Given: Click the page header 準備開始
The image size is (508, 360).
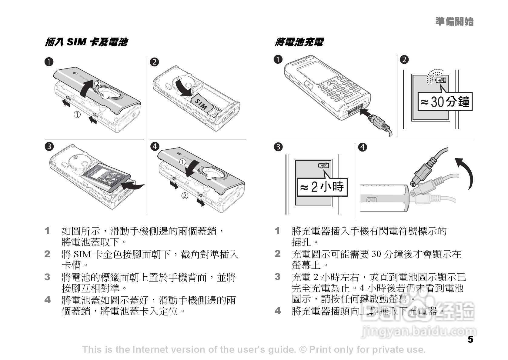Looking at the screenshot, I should tap(454, 22).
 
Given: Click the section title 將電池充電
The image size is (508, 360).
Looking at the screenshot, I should tap(299, 42).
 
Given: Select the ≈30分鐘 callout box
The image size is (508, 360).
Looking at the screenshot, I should tap(445, 102).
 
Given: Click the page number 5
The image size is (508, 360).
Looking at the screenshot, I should tap(470, 339).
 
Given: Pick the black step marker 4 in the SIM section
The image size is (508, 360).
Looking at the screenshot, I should tap(155, 146).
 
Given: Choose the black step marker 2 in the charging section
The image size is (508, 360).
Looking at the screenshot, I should tap(404, 59).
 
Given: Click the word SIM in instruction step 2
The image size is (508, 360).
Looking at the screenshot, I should tap(83, 254).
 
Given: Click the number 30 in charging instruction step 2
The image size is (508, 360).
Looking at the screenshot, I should tap(376, 254).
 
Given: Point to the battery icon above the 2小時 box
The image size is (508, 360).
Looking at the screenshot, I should tap(323, 165).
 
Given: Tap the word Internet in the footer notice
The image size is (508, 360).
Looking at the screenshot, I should tap(150, 350).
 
